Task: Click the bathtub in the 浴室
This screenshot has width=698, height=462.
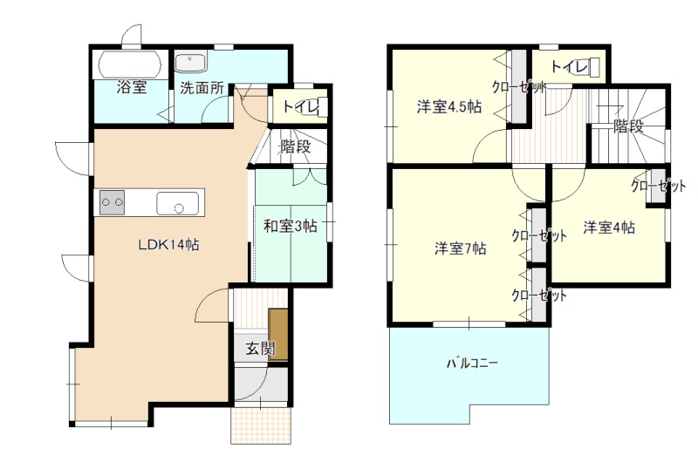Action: (129, 65)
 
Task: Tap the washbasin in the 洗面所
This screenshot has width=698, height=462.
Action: (191, 63)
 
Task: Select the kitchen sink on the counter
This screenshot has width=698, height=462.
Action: (178, 203)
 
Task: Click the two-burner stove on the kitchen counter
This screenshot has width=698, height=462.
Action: (112, 202)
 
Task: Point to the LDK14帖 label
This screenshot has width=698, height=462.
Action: (168, 245)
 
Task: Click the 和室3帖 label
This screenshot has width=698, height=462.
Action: (291, 226)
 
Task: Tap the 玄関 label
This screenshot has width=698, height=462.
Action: (261, 348)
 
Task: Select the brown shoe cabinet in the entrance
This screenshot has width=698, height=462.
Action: (278, 334)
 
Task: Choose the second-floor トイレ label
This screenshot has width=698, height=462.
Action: (570, 67)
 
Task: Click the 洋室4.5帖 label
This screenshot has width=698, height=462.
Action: (449, 107)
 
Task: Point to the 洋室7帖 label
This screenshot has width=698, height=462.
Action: (461, 248)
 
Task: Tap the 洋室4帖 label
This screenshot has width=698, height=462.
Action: (609, 228)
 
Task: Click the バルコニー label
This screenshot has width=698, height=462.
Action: (472, 363)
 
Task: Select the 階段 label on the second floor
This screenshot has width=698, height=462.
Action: (628, 126)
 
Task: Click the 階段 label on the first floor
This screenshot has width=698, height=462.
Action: (295, 146)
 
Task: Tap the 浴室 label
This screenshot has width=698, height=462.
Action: (132, 86)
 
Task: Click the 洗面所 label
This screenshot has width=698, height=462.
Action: (202, 87)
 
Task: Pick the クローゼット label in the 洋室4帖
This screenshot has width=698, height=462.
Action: (659, 186)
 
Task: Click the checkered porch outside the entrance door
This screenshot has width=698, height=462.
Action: (261, 425)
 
